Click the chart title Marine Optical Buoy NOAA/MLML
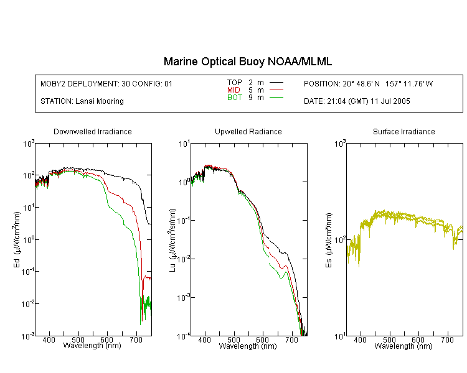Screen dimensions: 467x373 (247, 62)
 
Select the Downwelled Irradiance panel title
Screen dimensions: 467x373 (93, 131)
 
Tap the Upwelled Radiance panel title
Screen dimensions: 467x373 (248, 131)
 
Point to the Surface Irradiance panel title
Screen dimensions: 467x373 (404, 131)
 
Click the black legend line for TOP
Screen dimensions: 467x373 (276, 83)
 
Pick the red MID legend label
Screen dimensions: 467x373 (233, 90)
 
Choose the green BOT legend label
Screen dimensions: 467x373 (234, 98)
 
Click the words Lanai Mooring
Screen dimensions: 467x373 (100, 101)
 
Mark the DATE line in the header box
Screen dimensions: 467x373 (357, 101)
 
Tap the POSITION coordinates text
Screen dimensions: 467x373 (369, 83)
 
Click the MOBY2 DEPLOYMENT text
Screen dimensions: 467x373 (106, 83)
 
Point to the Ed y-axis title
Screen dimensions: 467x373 (17, 240)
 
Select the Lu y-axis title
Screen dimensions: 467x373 (172, 240)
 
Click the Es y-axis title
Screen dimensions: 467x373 (328, 240)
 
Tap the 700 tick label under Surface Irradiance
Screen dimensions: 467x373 (447, 339)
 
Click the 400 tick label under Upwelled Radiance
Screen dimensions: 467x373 (205, 339)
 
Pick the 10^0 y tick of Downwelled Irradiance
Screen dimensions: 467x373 (29, 239)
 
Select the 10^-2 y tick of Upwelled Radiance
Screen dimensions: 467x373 (184, 259)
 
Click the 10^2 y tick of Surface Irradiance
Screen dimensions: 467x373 (340, 239)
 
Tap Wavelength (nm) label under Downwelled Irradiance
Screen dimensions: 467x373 (92, 346)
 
